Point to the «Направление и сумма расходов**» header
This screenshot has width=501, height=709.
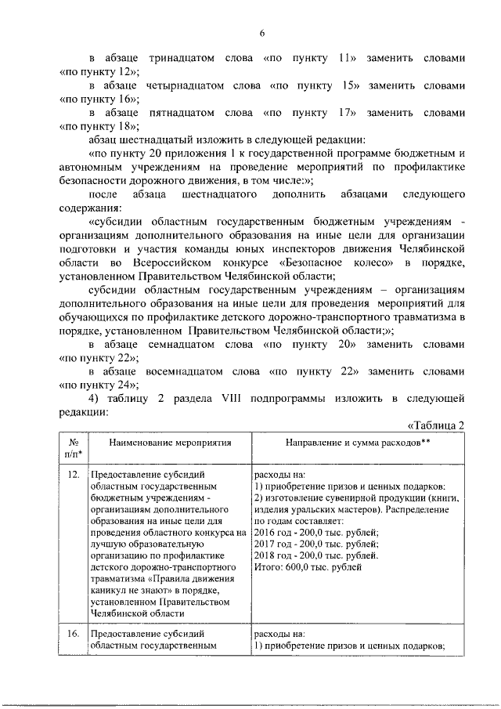tap(349, 443)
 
